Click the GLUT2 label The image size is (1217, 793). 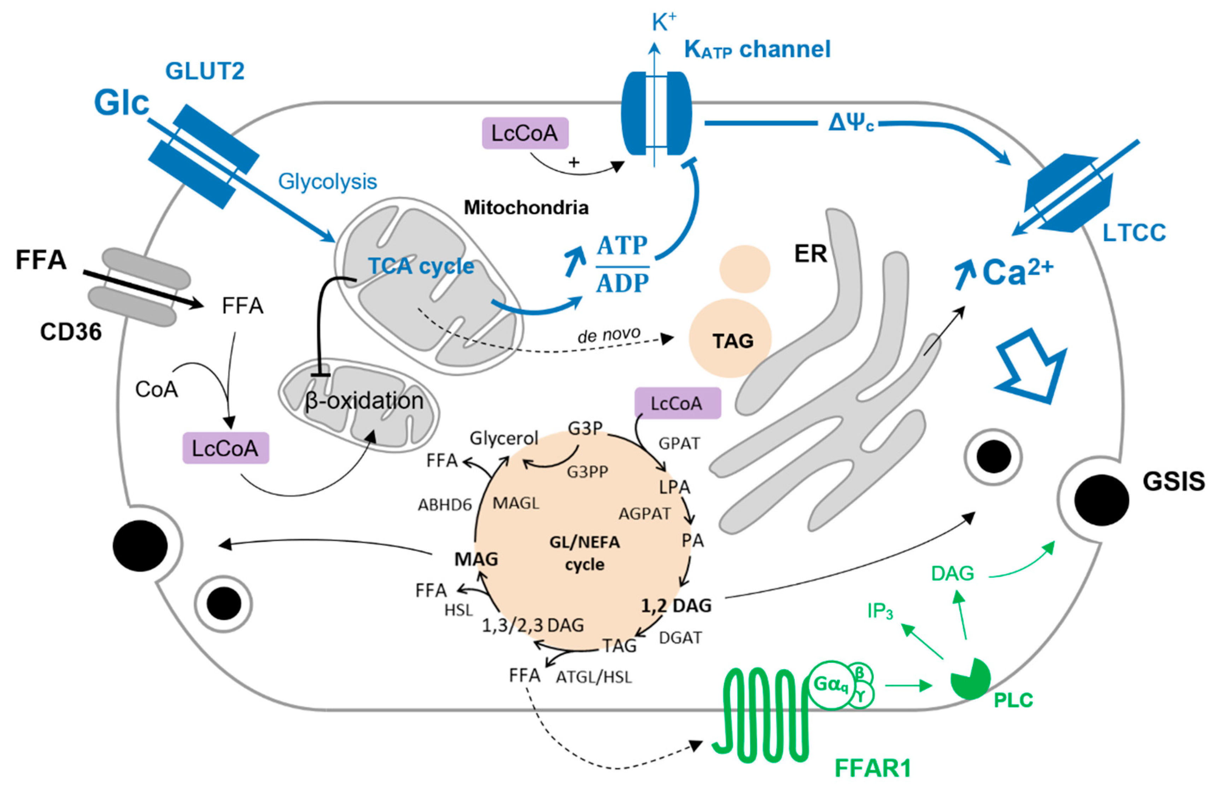[x=205, y=71]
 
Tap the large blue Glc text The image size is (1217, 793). [x=122, y=103]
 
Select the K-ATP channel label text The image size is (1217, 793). [x=757, y=50]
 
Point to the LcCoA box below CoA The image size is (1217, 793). [x=226, y=448]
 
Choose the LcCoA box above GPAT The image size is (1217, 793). [x=678, y=403]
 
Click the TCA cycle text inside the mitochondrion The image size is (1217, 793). [x=421, y=266]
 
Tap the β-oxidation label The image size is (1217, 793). [x=364, y=401]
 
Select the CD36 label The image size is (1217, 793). [x=71, y=332]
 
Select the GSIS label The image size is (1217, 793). [x=1174, y=481]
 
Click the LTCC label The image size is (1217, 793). [x=1134, y=233]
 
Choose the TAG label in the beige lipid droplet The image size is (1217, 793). [x=733, y=341]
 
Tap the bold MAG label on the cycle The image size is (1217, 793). [x=476, y=559]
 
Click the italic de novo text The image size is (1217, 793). [x=609, y=335]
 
